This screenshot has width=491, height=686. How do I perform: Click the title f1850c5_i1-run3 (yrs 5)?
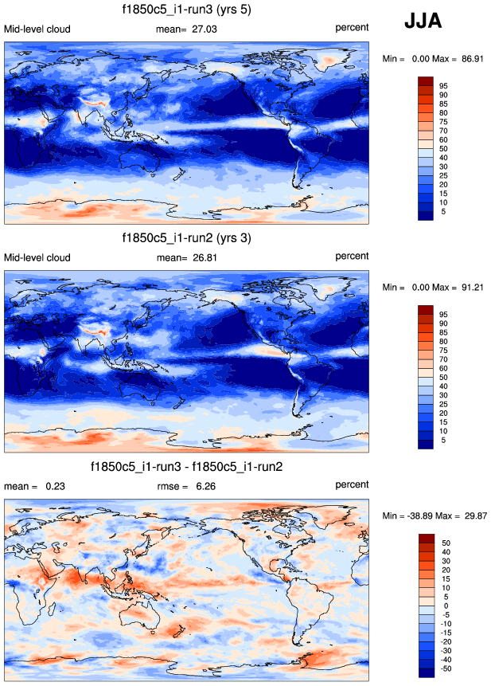tap(187, 10)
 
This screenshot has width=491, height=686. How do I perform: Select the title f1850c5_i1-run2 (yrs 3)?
tap(187, 238)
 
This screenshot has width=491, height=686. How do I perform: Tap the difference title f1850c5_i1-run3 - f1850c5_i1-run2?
tap(187, 466)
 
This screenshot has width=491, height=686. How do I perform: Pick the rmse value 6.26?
tap(207, 486)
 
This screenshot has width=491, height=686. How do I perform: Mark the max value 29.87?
tap(473, 515)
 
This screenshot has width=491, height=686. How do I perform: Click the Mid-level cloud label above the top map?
tap(37, 29)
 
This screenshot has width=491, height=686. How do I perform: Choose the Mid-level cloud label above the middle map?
tap(37, 257)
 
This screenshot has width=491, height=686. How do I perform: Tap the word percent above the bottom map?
tap(352, 484)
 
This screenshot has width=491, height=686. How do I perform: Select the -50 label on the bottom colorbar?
tap(444, 668)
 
